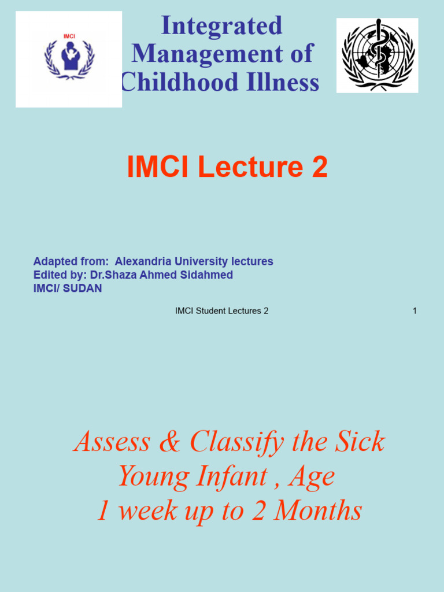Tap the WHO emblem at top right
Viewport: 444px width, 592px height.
tap(378, 55)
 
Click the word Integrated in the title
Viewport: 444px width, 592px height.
tap(221, 25)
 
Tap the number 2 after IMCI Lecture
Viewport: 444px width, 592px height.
tap(320, 168)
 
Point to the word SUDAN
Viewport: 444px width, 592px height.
tap(83, 288)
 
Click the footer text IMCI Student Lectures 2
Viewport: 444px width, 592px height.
tap(221, 311)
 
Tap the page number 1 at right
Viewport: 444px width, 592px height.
tap(415, 311)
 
